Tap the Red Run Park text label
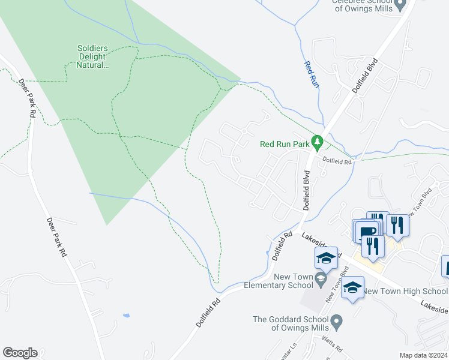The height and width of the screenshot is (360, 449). [x=284, y=144]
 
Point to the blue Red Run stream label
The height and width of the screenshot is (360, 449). [x=310, y=75]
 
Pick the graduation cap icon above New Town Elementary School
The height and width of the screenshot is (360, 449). [x=326, y=258]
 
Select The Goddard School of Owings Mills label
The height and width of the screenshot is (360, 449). [x=291, y=323]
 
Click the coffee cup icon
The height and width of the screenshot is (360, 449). [x=367, y=231]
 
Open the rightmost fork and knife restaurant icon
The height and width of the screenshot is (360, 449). [x=397, y=224]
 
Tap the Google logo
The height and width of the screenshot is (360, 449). [x=20, y=353]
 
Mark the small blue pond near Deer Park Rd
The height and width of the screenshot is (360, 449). [x=125, y=315]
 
